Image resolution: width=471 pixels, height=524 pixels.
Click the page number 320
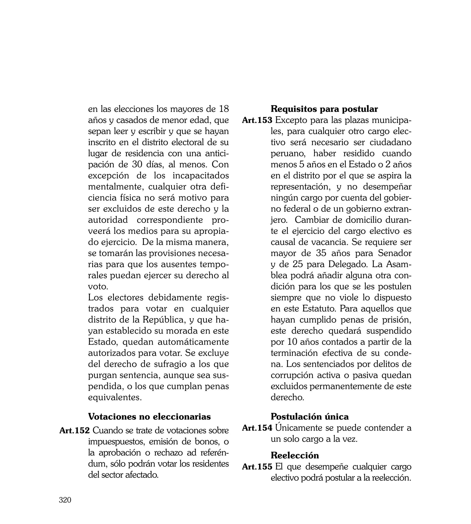tap(65, 500)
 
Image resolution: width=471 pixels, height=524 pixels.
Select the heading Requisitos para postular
tap(324, 109)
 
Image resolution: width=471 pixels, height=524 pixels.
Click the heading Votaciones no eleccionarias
tap(149, 416)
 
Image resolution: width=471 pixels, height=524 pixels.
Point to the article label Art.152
tap(75, 430)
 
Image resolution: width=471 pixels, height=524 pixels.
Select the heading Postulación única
tap(310, 416)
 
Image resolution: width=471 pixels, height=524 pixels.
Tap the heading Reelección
tap(295, 455)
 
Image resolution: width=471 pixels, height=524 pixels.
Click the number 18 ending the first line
tap(224, 109)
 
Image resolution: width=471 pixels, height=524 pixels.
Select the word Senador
tap(394, 253)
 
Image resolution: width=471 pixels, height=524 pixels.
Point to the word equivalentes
tap(115, 397)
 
